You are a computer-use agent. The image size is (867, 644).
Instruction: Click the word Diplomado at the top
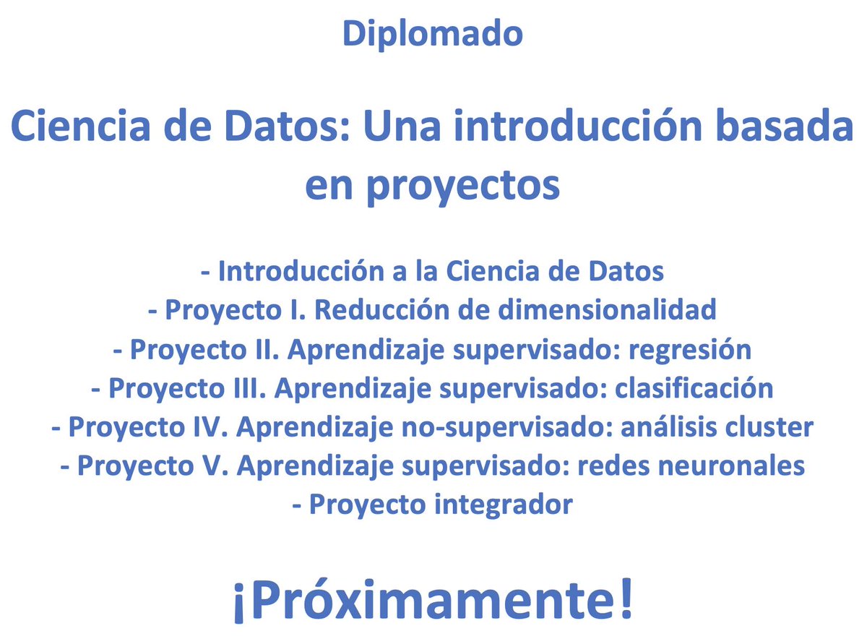[432, 33]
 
